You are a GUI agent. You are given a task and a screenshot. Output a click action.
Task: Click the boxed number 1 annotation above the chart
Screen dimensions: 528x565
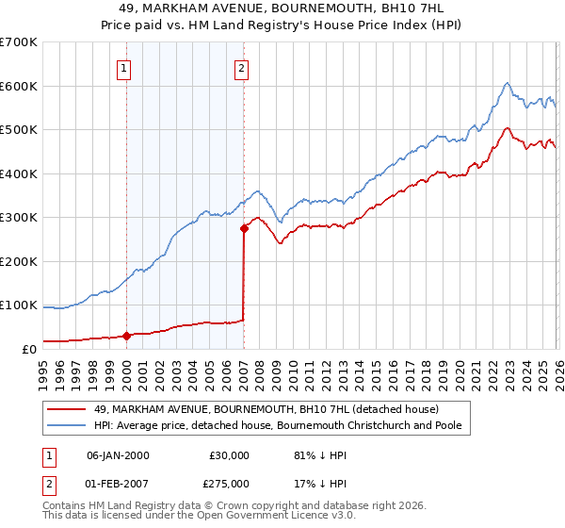point(125,68)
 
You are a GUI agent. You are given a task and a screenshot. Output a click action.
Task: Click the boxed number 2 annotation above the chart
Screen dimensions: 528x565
point(242,68)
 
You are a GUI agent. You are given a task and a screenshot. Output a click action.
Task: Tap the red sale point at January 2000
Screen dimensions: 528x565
point(126,336)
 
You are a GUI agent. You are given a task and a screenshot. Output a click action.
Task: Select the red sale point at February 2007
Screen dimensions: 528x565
point(244,227)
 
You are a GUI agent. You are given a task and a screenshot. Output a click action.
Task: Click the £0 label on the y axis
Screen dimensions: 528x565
point(28,349)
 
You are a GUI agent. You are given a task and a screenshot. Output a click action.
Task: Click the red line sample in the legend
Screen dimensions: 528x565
point(68,409)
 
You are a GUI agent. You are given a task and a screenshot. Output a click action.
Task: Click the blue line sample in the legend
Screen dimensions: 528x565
point(68,425)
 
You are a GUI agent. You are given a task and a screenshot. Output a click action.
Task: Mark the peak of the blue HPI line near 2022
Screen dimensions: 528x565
point(507,83)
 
